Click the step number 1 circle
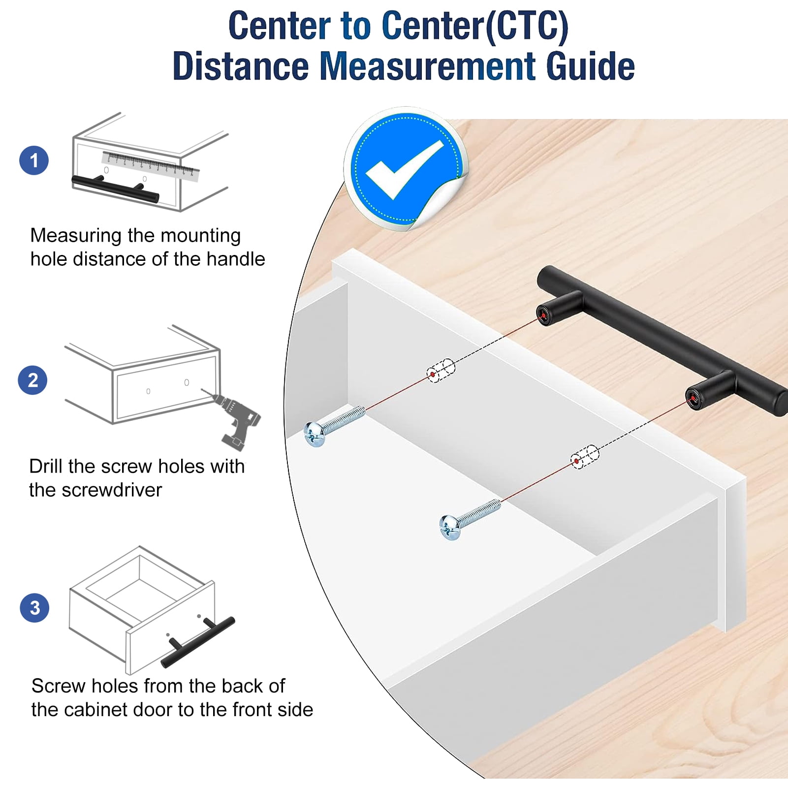[34, 160]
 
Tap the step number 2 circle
[32, 380]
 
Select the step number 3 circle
[34, 607]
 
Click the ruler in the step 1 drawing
[151, 166]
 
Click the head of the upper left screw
[314, 434]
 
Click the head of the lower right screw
[449, 528]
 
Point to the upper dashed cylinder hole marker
[441, 371]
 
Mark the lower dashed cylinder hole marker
[585, 457]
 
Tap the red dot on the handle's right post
[693, 398]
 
